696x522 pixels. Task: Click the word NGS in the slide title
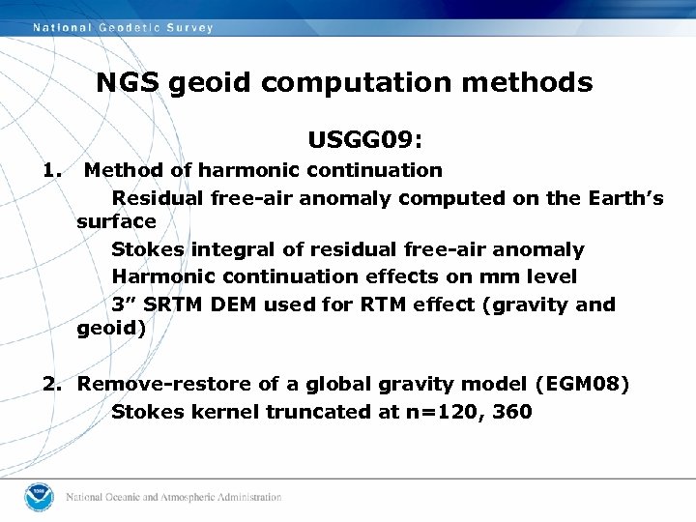[x=129, y=83]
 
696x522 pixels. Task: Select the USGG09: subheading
[x=364, y=141]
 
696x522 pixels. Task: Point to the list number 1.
[x=51, y=170]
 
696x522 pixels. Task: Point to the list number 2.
[x=53, y=385]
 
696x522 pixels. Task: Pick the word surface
[x=116, y=221]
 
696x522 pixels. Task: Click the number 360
[x=511, y=412]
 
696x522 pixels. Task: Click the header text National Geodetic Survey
[x=123, y=28]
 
